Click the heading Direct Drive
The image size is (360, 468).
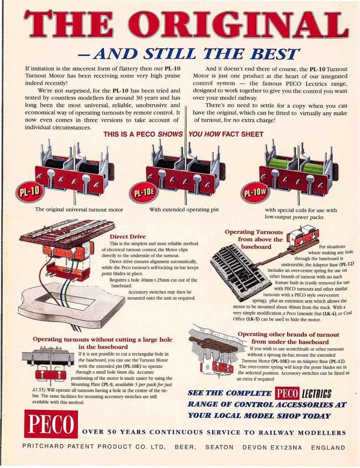pos(127,237)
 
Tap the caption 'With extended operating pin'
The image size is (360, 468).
pos(184,210)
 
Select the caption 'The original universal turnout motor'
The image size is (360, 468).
pos(79,210)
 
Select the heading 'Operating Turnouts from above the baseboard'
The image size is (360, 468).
pos(254,239)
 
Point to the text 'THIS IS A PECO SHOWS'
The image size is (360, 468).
pos(143,134)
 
